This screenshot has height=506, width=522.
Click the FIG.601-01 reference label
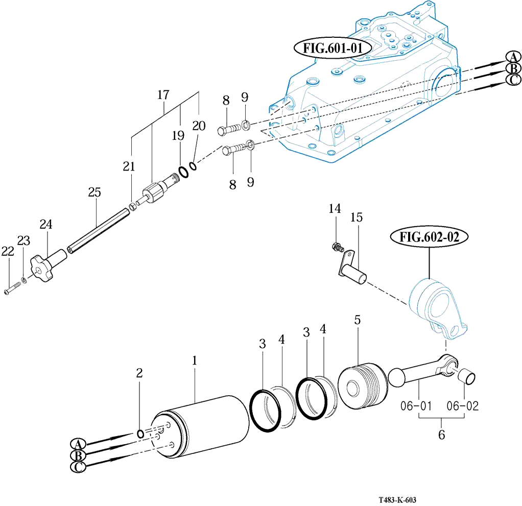click(x=333, y=49)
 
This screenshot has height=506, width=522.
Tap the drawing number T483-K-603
click(x=401, y=501)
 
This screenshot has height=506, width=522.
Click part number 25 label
click(x=94, y=192)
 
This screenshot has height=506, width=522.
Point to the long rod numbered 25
click(x=98, y=229)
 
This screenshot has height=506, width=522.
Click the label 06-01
click(x=416, y=406)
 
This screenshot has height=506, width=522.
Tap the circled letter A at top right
click(x=512, y=57)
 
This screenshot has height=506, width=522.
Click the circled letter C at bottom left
click(x=78, y=467)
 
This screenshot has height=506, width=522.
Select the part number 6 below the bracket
click(x=442, y=435)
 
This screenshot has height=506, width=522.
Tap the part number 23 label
click(x=23, y=240)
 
